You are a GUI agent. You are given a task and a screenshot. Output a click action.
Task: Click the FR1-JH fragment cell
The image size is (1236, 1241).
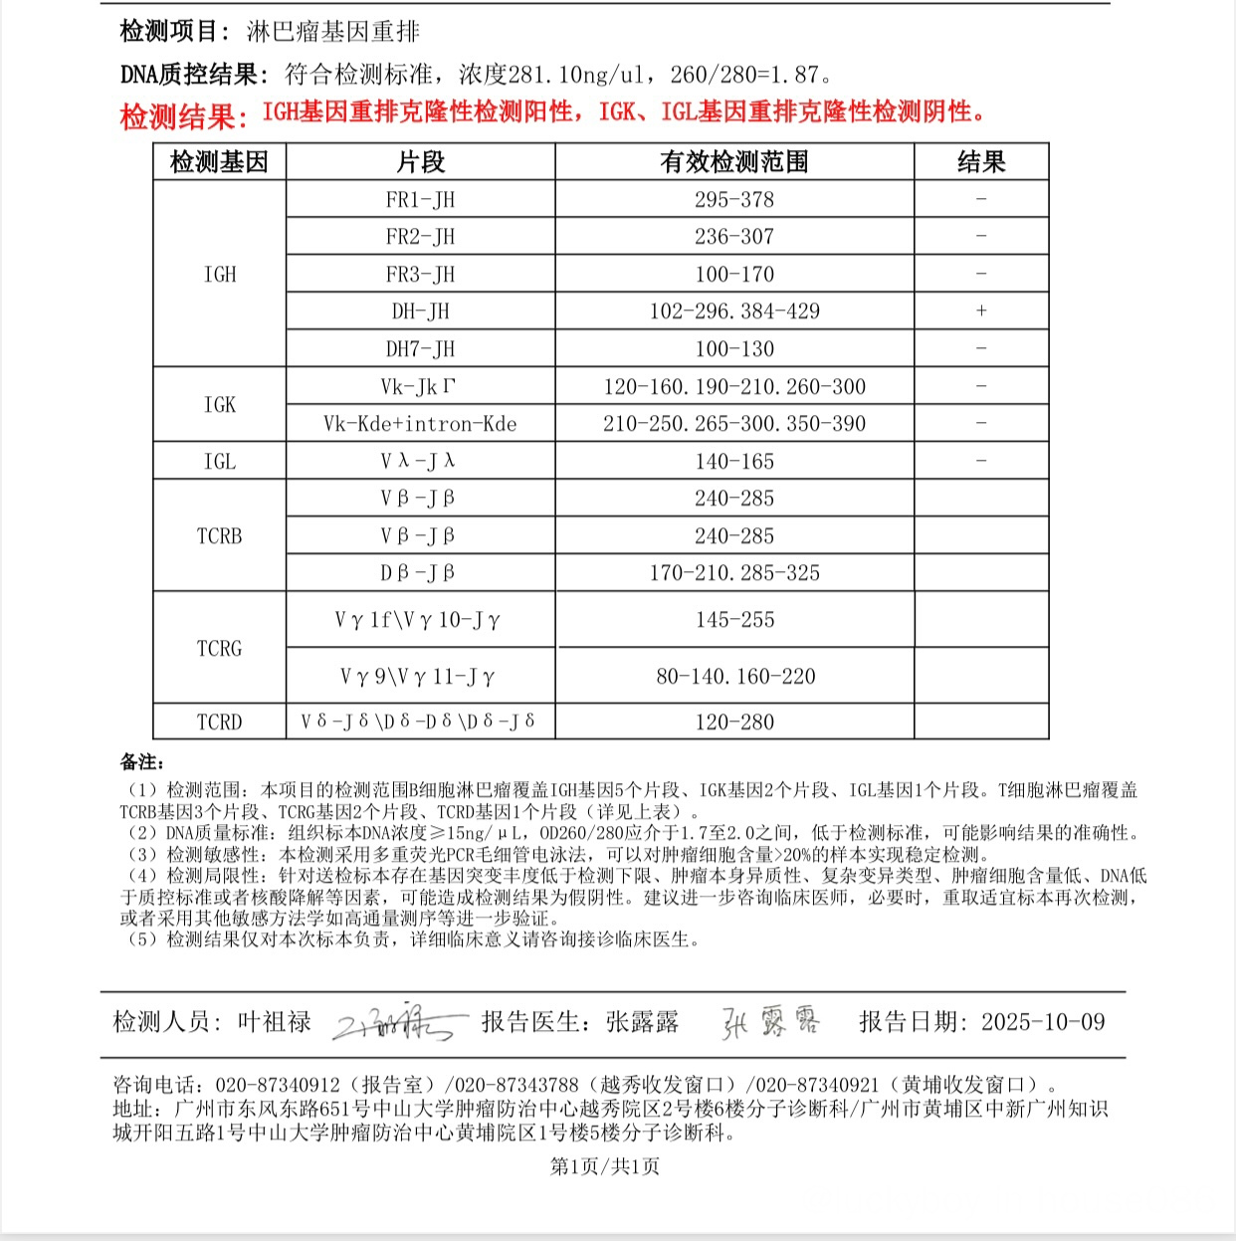(420, 199)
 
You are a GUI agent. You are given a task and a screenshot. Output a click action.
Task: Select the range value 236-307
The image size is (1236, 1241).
(734, 237)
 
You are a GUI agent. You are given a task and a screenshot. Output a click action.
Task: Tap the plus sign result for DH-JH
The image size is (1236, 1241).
(981, 311)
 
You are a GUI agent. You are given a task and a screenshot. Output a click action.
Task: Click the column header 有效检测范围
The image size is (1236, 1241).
(734, 162)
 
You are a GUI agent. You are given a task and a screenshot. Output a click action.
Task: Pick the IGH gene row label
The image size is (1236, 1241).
(220, 275)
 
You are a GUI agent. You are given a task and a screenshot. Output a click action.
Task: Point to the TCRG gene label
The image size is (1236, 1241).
(220, 649)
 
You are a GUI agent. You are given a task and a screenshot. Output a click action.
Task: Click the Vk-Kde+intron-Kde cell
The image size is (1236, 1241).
(420, 424)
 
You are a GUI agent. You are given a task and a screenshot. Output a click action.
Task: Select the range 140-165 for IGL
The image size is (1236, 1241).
(734, 462)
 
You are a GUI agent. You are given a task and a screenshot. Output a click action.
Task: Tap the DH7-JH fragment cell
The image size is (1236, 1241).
(420, 349)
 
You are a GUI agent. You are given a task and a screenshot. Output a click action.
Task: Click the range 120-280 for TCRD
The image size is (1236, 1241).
(734, 723)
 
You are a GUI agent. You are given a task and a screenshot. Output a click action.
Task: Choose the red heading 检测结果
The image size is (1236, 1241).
(183, 116)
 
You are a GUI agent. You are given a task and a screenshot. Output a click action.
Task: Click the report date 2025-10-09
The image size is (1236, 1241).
(1043, 1022)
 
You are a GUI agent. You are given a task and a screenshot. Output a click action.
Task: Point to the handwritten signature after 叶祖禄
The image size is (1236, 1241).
(398, 1023)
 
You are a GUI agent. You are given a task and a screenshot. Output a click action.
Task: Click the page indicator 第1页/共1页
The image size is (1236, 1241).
(605, 1166)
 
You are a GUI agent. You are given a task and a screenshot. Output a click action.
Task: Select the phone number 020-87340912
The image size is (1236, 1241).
(278, 1085)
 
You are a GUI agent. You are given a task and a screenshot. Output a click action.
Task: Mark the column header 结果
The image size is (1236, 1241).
(981, 162)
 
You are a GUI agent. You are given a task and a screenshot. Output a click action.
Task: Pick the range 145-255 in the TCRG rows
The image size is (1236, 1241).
(734, 620)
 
